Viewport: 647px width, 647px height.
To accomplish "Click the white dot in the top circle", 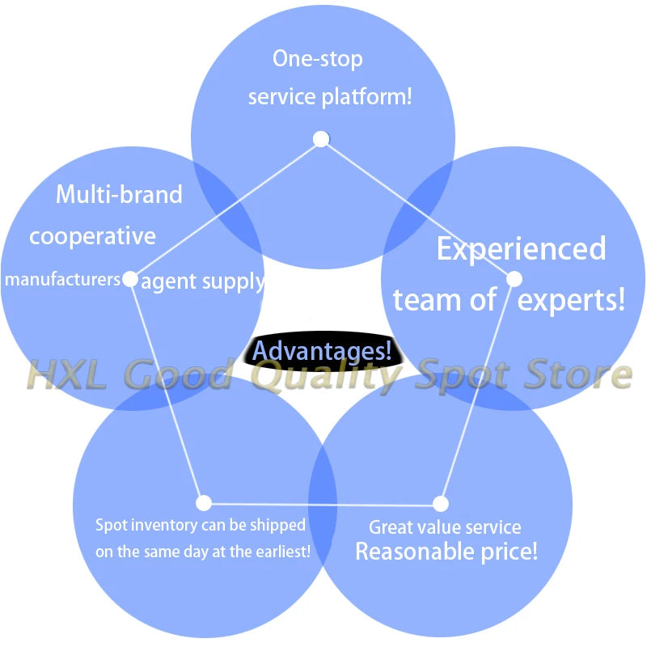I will click(321, 139).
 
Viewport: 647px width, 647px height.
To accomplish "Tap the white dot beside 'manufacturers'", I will click(129, 279).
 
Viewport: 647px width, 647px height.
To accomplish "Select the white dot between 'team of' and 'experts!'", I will click(514, 279).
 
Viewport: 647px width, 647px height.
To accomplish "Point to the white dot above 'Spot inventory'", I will click(204, 503).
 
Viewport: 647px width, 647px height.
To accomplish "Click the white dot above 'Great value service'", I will click(441, 504).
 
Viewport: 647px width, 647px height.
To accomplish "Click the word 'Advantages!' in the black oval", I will click(322, 351).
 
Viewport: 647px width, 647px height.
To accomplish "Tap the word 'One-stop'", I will click(318, 59).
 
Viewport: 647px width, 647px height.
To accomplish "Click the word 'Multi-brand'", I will click(119, 195).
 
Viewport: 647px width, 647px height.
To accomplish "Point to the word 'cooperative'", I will click(92, 236).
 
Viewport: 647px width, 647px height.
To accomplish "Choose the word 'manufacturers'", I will click(62, 280).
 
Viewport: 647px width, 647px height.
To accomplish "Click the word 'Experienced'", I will click(521, 249).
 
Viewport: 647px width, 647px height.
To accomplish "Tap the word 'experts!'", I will click(572, 300).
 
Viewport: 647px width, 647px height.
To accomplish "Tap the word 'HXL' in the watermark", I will click(66, 375).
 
